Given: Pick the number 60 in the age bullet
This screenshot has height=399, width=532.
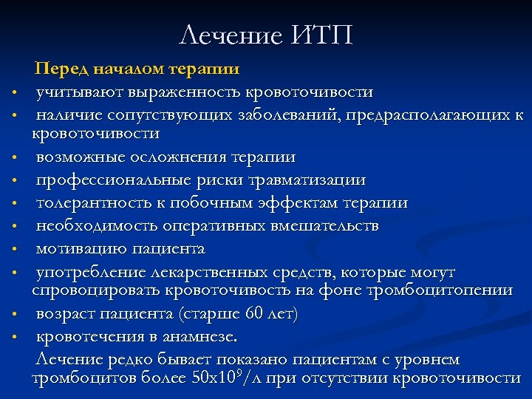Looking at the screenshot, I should (x=255, y=314).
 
